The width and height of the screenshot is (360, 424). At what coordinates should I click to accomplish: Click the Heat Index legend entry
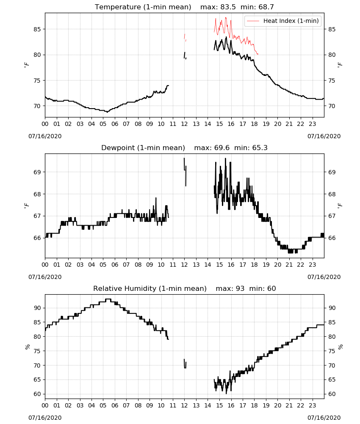[x=283, y=21]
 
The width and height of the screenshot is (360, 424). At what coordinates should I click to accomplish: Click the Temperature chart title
[x=143, y=7]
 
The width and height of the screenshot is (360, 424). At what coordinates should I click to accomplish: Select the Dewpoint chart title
[x=143, y=148]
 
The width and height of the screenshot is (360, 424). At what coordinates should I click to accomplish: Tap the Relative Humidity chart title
[x=150, y=288]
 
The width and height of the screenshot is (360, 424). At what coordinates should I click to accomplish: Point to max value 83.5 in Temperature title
[x=228, y=7]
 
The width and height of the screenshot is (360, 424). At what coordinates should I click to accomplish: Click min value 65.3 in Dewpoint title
[x=260, y=148]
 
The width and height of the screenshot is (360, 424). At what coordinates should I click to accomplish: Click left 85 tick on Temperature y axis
[x=37, y=29]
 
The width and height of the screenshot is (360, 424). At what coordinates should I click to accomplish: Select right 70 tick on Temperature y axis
[x=332, y=106]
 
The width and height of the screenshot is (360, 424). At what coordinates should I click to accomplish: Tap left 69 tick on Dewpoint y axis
[x=37, y=172]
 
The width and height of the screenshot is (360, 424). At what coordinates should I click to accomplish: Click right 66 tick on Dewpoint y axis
[x=332, y=238]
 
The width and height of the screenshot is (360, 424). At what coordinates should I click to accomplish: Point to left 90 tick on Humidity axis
[x=37, y=308]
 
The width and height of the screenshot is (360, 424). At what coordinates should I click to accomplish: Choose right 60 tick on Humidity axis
[x=332, y=394]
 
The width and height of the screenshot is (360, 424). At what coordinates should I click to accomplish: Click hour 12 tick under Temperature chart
[x=185, y=124]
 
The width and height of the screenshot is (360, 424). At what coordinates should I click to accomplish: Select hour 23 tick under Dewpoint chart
[x=312, y=265]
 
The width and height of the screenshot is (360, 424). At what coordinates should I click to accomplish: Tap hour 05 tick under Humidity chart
[x=103, y=406]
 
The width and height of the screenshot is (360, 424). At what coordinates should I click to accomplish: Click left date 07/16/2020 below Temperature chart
[x=45, y=136]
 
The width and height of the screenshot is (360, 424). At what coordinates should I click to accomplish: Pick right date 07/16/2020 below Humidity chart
[x=324, y=418]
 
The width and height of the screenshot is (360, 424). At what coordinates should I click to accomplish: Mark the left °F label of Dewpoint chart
[x=26, y=206]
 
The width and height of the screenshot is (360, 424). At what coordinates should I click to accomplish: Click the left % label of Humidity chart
[x=27, y=347]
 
